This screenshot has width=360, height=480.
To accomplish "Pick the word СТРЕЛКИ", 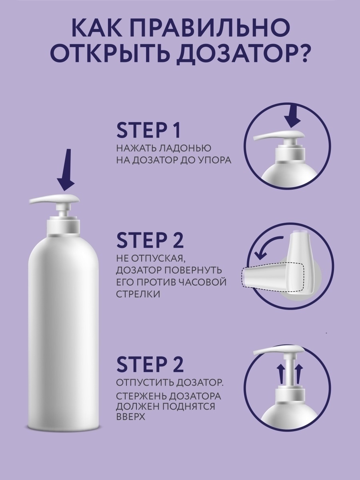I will (136, 294).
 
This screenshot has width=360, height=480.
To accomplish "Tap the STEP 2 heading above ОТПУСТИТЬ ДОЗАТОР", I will (150, 364).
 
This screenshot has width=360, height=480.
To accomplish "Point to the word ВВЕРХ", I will (130, 416).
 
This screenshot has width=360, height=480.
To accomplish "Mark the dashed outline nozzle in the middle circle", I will (272, 276).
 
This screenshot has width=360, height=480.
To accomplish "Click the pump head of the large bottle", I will (56, 200).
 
